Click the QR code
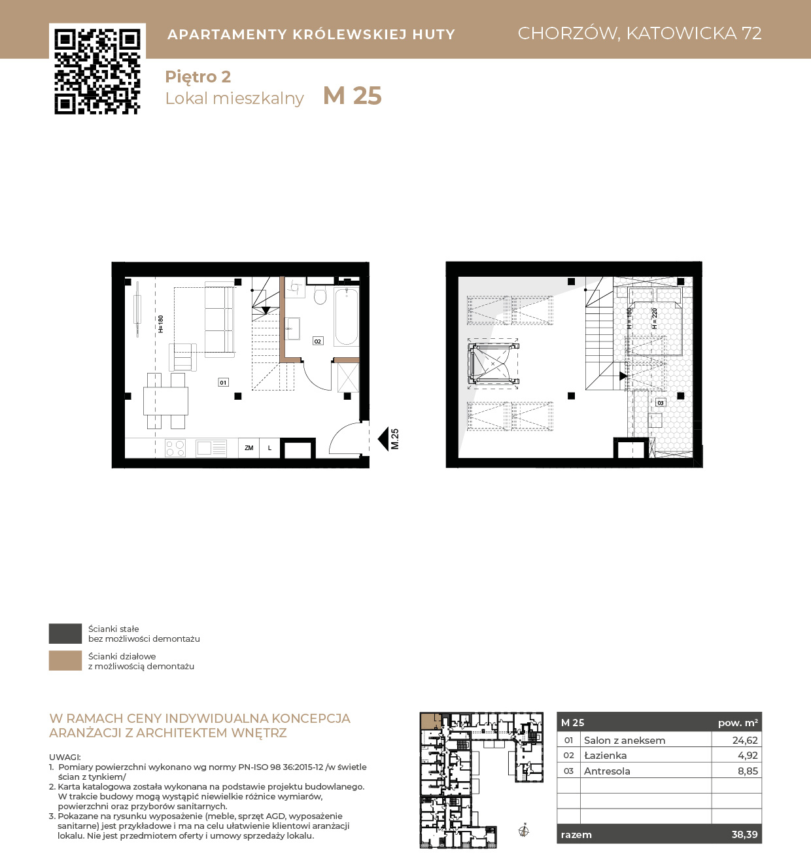(x=97, y=71)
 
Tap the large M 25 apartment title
(x=352, y=96)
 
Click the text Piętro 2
(x=198, y=77)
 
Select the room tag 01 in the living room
(x=223, y=382)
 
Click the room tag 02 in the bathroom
(x=318, y=341)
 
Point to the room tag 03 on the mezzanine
(x=660, y=402)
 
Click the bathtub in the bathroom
(x=347, y=316)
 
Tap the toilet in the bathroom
(x=320, y=295)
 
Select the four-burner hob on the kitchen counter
(x=175, y=447)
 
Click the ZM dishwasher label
(x=249, y=447)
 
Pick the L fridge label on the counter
(x=269, y=447)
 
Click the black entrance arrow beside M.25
(x=383, y=439)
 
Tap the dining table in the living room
(x=165, y=400)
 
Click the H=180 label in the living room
(x=160, y=324)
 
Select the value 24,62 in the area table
(x=745, y=740)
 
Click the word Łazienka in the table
(x=605, y=756)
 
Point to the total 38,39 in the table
(x=744, y=835)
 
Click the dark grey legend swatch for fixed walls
(x=65, y=633)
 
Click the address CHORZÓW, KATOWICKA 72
(x=639, y=33)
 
